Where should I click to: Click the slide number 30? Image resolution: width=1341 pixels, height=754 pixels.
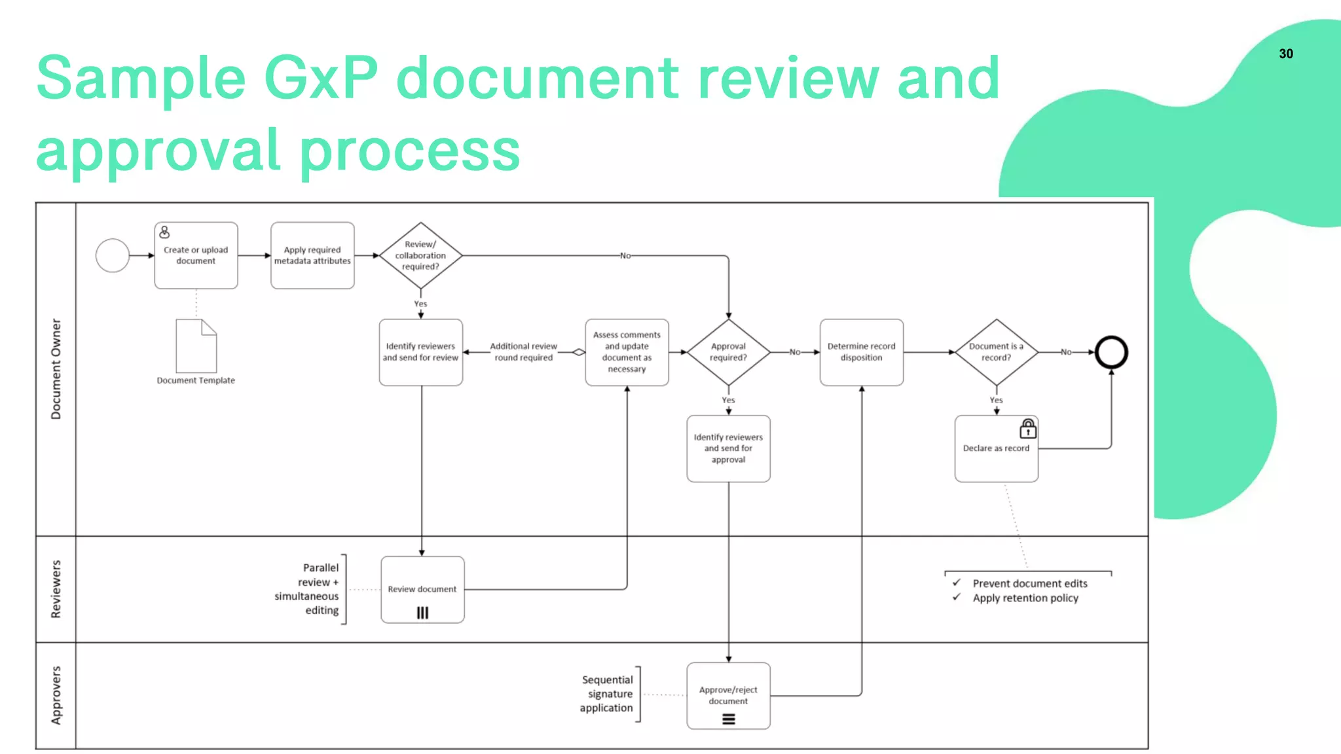click(x=1285, y=54)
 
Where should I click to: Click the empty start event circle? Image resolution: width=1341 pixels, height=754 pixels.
click(x=113, y=255)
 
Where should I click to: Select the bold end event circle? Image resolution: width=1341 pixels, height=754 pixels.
click(x=1111, y=352)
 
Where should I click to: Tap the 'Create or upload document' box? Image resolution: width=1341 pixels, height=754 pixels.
click(x=196, y=255)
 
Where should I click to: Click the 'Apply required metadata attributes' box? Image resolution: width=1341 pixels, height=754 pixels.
click(x=312, y=255)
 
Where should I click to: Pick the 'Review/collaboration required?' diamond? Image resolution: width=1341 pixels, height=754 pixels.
click(x=420, y=255)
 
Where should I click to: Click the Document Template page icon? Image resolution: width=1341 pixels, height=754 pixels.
click(x=196, y=346)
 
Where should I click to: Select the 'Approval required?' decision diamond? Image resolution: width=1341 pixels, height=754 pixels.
click(x=728, y=352)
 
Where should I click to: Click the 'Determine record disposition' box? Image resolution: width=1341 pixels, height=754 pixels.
click(x=861, y=352)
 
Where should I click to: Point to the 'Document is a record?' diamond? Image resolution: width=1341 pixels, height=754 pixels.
click(x=996, y=352)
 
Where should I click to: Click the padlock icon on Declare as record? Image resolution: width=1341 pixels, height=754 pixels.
click(x=1028, y=429)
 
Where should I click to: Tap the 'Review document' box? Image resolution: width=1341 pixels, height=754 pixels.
click(x=422, y=589)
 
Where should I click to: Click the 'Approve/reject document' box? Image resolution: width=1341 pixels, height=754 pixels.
click(x=728, y=695)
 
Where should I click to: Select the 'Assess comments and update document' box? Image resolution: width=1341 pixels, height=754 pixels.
click(x=627, y=352)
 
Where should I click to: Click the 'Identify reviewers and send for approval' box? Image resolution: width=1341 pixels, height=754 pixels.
click(x=728, y=448)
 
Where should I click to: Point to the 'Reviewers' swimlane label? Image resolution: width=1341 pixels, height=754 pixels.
click(x=56, y=589)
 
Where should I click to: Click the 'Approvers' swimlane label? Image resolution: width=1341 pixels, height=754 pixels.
click(x=56, y=695)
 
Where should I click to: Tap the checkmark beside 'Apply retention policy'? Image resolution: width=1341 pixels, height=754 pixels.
click(x=957, y=597)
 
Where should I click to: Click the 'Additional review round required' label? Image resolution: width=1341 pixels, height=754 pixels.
click(x=523, y=352)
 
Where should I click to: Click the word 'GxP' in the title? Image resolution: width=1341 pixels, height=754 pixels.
click(x=321, y=79)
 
